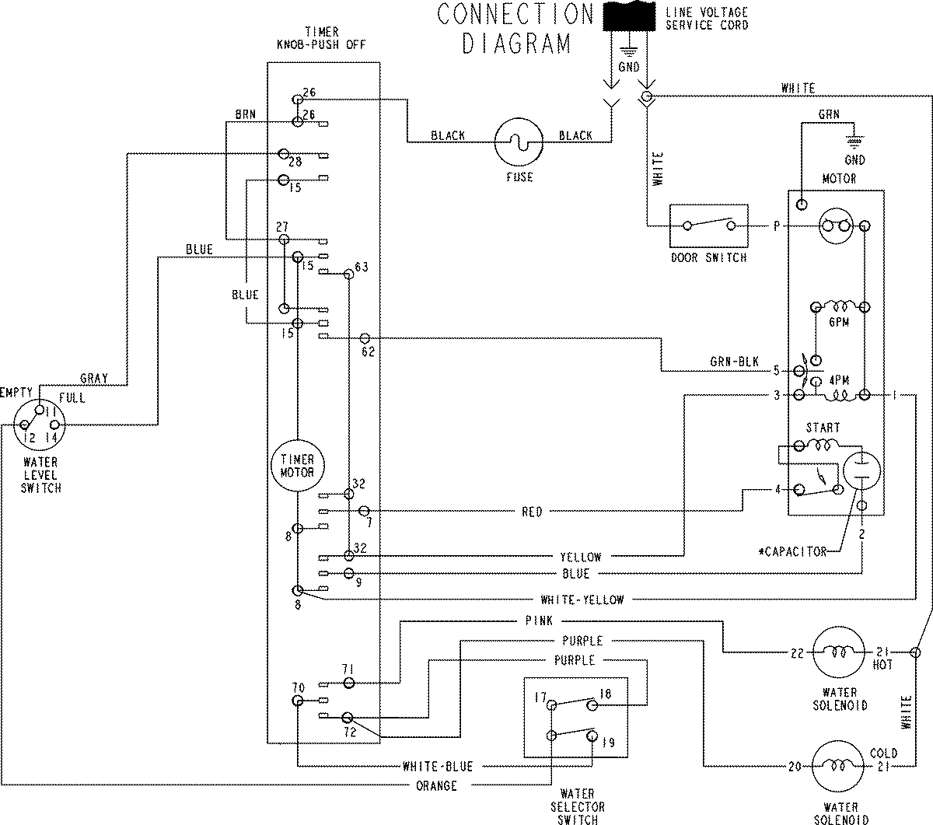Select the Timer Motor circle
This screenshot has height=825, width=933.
(x=297, y=467)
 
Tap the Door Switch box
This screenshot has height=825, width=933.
(x=708, y=226)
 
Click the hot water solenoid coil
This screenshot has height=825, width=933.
(x=839, y=652)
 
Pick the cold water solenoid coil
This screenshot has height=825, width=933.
(x=839, y=766)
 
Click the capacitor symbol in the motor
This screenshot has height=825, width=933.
(x=860, y=471)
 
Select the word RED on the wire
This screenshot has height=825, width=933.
(x=533, y=512)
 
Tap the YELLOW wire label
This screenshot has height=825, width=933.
(x=581, y=557)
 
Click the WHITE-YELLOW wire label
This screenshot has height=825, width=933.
(x=582, y=600)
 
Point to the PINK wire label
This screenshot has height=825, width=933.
(x=539, y=620)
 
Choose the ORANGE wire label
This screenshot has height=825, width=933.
(x=437, y=786)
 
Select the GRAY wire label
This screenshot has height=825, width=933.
(x=94, y=379)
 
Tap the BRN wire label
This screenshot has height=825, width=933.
(x=246, y=114)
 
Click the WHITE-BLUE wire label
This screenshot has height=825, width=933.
(x=438, y=766)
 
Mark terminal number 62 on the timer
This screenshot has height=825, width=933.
(x=368, y=351)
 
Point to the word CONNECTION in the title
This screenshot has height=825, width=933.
(x=515, y=14)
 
